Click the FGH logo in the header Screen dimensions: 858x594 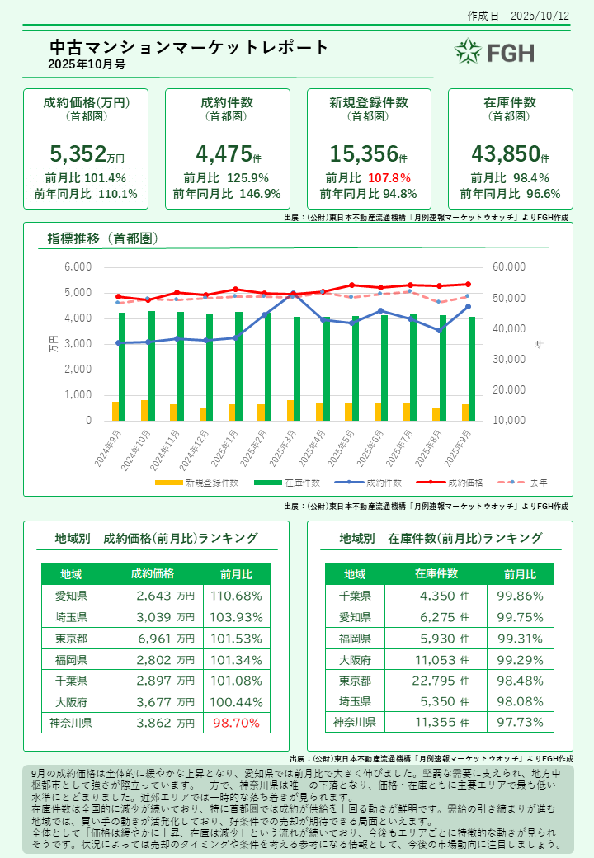click(x=495, y=52)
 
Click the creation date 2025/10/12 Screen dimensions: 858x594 click(x=540, y=16)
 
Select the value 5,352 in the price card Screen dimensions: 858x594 click(x=78, y=153)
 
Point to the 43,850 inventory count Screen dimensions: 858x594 click(x=504, y=153)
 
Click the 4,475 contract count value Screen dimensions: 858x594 click(x=223, y=153)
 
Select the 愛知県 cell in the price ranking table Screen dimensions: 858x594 click(x=71, y=596)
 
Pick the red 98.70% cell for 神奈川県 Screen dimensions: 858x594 click(x=237, y=723)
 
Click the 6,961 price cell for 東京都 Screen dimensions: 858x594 click(x=165, y=639)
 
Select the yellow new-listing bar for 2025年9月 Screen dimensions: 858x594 click(x=465, y=412)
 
